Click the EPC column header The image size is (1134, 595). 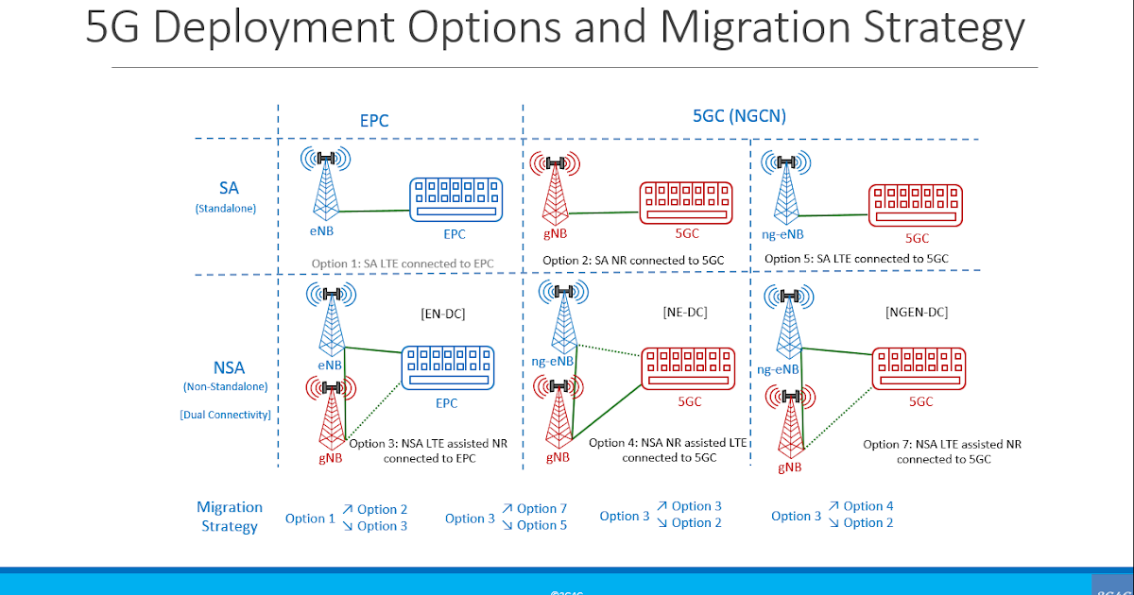click(x=374, y=121)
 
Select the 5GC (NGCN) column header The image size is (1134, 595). click(x=739, y=117)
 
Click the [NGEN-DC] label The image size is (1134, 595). click(x=916, y=312)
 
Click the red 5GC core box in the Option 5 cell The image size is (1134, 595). click(x=916, y=204)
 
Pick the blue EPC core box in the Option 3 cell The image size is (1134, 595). click(x=448, y=367)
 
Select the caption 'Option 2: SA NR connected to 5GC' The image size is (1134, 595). click(x=633, y=260)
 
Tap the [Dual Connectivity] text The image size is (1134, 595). click(x=226, y=415)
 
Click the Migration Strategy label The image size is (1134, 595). click(x=230, y=517)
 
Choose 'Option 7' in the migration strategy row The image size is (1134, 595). click(x=541, y=509)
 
